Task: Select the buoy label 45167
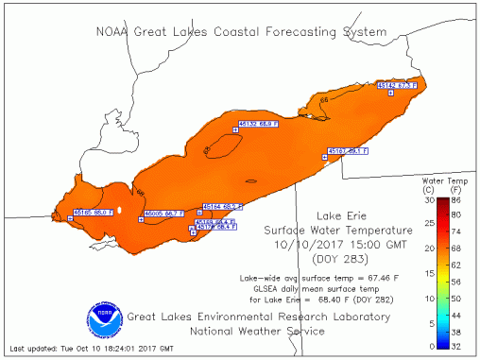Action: tap(347, 151)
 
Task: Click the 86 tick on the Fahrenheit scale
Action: tap(457, 200)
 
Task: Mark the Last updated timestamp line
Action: tap(84, 351)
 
